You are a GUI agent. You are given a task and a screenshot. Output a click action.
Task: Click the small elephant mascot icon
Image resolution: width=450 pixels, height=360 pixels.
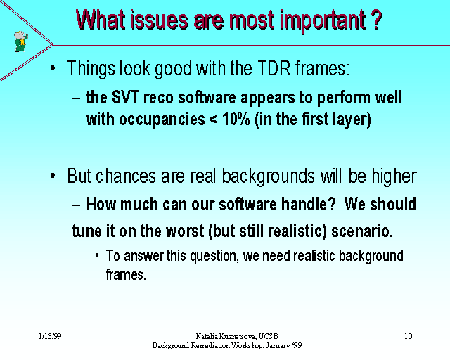pyautogui.click(x=21, y=41)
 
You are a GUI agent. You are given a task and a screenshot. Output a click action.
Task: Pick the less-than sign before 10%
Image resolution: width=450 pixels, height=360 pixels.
pyautogui.click(x=214, y=119)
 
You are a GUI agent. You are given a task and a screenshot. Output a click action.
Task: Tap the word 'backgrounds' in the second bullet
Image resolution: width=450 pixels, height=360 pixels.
pyautogui.click(x=269, y=177)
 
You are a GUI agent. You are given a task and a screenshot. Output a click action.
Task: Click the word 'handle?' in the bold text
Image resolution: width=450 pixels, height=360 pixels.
pyautogui.click(x=309, y=204)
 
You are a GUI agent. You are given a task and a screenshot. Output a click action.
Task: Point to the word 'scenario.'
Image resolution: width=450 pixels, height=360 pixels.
pyautogui.click(x=362, y=231)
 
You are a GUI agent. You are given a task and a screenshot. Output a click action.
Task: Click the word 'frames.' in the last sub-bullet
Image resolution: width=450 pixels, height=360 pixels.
pyautogui.click(x=126, y=274)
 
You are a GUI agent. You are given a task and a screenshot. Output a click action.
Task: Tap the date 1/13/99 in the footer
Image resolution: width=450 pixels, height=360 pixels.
pyautogui.click(x=50, y=336)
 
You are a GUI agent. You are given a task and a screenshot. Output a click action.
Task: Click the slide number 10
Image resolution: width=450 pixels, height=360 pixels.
pyautogui.click(x=408, y=336)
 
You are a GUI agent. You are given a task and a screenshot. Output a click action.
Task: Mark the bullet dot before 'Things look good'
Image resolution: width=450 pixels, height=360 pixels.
pyautogui.click(x=53, y=68)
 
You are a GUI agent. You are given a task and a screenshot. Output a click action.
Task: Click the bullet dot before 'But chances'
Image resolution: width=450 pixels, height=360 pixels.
pyautogui.click(x=53, y=176)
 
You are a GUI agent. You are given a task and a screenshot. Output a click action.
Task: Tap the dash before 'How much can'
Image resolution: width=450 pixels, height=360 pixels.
pyautogui.click(x=77, y=205)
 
